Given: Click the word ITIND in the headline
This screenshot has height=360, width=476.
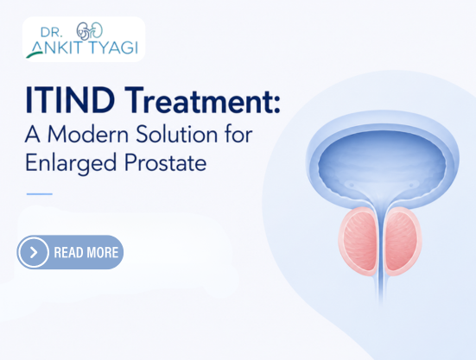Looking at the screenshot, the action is coord(70,100).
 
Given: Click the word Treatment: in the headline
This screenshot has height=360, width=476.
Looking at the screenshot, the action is coord(202,100).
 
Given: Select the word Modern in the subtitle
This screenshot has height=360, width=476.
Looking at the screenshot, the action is coord(88,134).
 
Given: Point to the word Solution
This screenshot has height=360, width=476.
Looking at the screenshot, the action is coord(177,134).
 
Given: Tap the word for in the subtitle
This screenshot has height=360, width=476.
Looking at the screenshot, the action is coord(239,134).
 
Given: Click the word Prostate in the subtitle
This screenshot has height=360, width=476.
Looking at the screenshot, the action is coord(166,162).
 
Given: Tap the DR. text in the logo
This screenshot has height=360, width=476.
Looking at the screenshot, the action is coord(51,32).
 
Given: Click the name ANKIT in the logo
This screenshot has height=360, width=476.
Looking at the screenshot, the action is coord(57,47).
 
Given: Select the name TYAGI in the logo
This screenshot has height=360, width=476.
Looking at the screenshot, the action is coord(112,47).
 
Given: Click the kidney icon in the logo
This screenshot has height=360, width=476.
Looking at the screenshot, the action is coord(90,30).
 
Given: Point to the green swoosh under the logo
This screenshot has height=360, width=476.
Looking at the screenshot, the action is coord(35,54).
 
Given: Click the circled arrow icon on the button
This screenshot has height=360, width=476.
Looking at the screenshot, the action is coord(34,252).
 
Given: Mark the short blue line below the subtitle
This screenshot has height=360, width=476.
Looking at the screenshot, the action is coord(40,193).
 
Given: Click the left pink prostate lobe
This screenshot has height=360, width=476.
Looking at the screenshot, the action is coord(359,241).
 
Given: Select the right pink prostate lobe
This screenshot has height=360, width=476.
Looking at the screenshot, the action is coord(403,241).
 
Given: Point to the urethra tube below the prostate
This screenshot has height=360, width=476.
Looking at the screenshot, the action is coord(381,288).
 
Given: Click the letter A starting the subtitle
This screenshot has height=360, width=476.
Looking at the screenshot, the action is coord(33,134).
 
